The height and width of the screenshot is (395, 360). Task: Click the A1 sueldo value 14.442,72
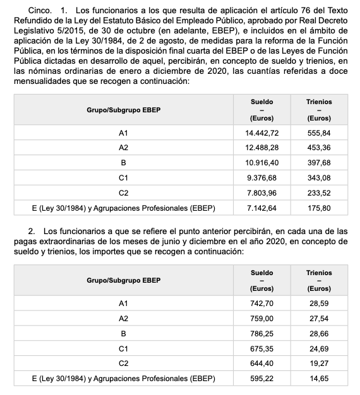[261, 134]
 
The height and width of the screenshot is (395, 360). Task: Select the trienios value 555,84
[319, 134]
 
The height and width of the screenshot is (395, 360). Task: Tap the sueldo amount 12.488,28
[261, 148]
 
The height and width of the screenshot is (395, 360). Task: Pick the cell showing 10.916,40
[261, 163]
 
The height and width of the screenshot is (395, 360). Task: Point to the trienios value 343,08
[319, 177]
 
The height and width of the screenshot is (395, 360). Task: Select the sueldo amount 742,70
[261, 304]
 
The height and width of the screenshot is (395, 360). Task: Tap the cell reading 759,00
[261, 319]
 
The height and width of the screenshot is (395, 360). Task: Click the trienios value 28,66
[319, 333]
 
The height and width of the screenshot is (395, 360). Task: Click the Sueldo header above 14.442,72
[261, 102]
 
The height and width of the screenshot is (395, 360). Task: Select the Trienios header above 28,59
[319, 273]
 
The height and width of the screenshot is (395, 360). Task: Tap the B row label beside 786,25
[123, 333]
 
